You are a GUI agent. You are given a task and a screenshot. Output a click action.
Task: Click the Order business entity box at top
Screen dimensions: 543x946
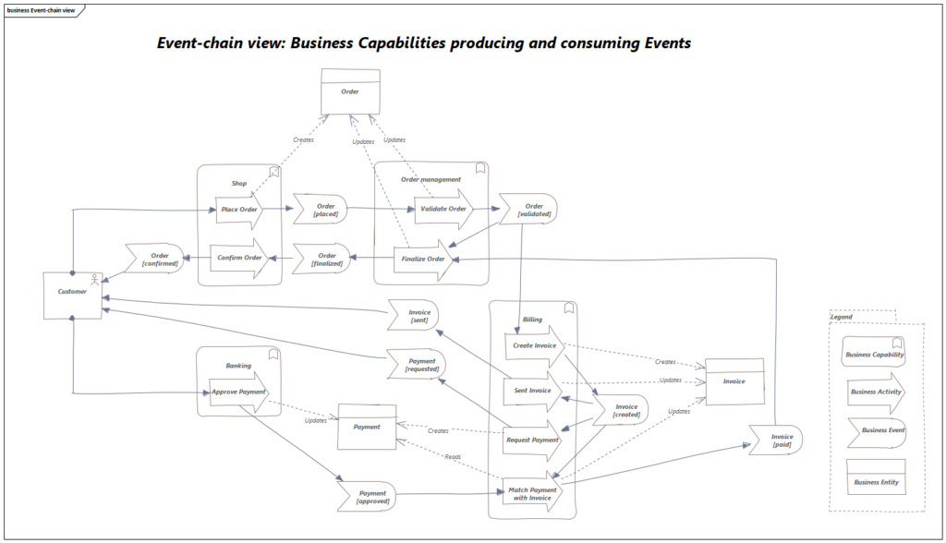pos(349,91)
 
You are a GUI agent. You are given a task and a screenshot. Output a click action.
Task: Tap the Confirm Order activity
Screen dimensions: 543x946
pos(239,258)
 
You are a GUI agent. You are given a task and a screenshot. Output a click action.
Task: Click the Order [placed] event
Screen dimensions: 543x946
pos(324,210)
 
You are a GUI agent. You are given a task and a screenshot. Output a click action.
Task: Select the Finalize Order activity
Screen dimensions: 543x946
pos(424,259)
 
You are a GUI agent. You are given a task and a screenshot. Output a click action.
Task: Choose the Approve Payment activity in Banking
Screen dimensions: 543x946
pos(238,392)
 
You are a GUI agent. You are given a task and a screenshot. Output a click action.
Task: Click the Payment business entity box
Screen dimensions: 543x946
pos(367,427)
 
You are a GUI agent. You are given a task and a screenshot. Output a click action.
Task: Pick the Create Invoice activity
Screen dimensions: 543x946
pos(534,345)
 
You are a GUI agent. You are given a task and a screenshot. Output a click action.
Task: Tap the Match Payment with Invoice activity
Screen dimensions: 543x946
pos(532,493)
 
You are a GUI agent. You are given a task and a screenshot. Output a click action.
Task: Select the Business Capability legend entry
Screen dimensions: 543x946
pos(874,355)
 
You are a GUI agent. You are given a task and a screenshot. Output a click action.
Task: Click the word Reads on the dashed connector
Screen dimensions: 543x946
pos(453,457)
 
